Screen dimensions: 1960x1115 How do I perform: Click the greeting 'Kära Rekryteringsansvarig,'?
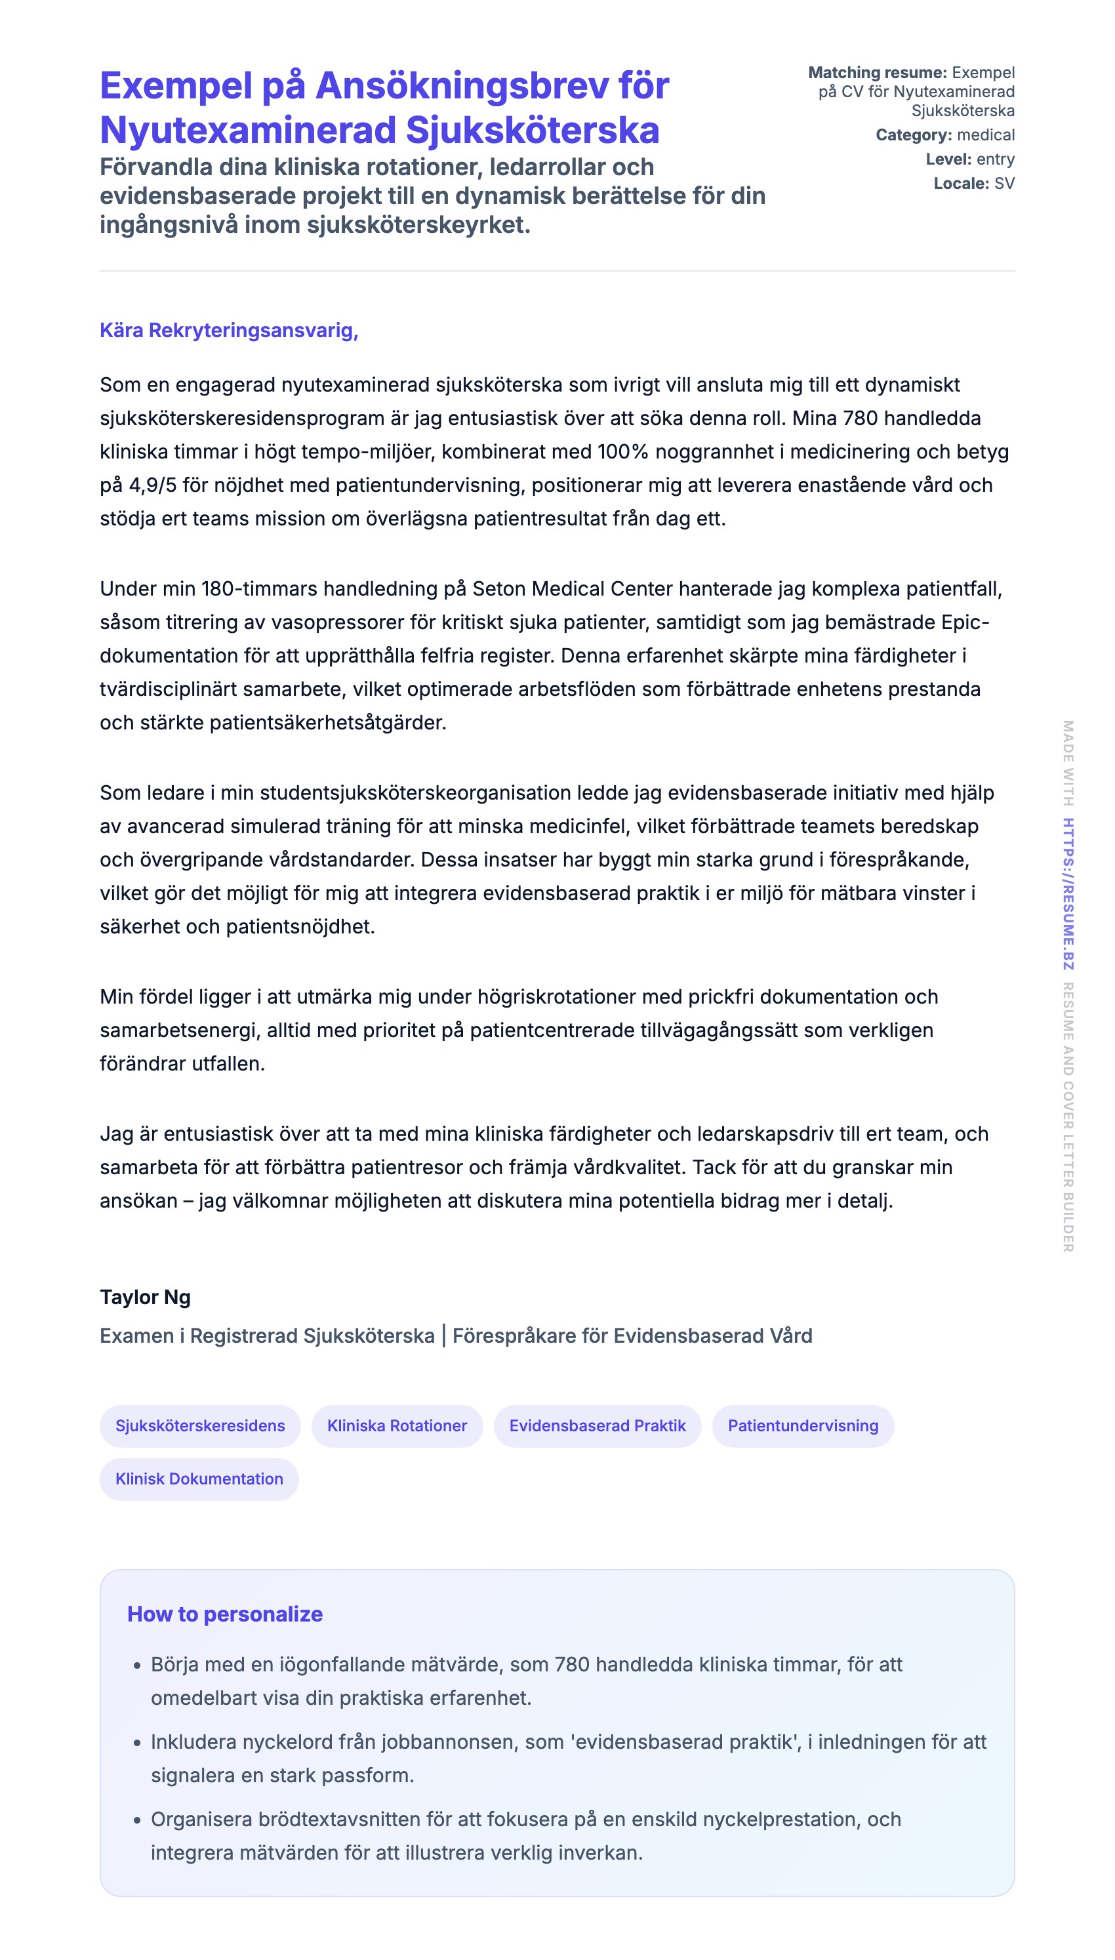[x=228, y=331]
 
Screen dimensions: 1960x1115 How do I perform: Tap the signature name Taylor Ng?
[x=145, y=1297]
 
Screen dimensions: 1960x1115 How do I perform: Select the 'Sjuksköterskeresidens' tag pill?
[x=200, y=1425]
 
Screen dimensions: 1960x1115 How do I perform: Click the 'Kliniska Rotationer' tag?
[x=397, y=1425]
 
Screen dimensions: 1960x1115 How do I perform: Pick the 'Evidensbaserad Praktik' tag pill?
[x=598, y=1425]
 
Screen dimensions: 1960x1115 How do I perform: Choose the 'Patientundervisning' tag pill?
[x=803, y=1425]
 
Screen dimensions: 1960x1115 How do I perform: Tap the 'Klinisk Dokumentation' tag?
[x=199, y=1479]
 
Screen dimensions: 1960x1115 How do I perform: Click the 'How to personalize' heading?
[x=224, y=1614]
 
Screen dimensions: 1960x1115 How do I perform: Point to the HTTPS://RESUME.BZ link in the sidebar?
[x=1068, y=893]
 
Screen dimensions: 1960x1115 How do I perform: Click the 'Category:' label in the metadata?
[x=914, y=134]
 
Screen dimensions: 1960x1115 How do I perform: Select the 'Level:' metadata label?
[x=948, y=159]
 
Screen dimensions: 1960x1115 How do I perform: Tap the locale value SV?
[x=1004, y=184]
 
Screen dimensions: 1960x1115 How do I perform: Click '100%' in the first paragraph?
[x=622, y=452]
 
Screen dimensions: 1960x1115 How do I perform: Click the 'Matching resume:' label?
[x=877, y=73]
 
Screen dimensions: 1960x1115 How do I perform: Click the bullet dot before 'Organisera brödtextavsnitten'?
[x=137, y=1820]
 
